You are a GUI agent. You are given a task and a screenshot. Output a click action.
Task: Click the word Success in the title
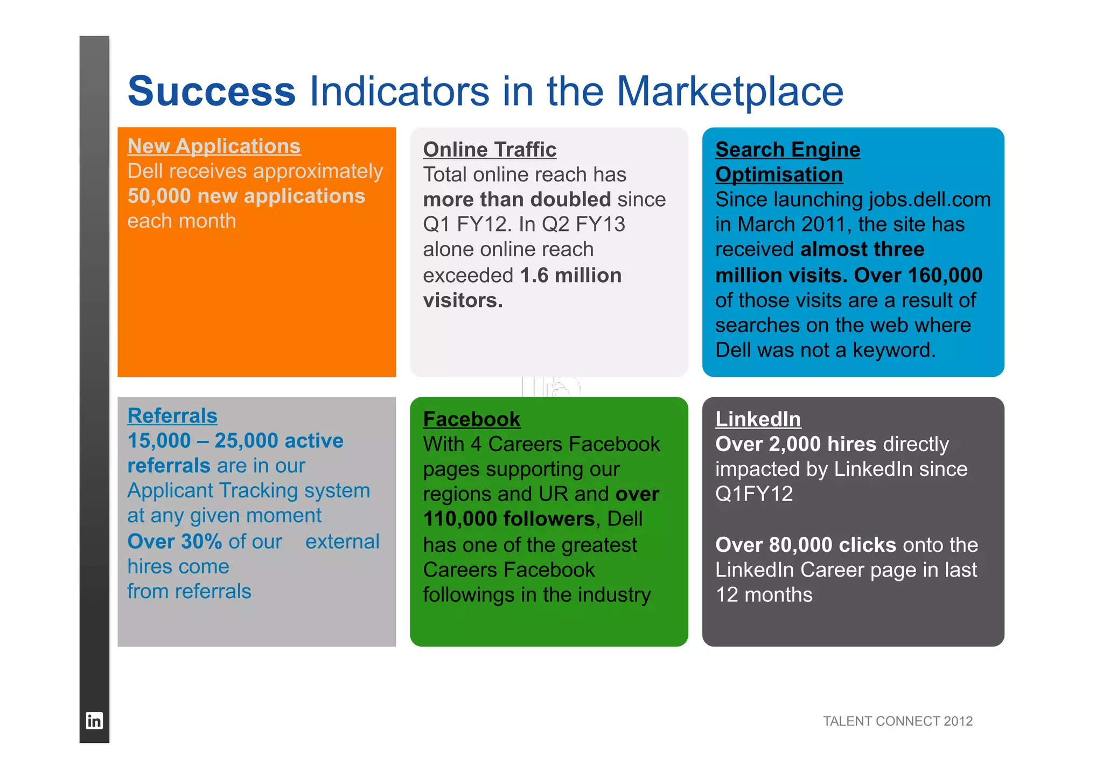212,92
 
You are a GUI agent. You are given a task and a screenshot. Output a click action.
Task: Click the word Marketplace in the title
729,92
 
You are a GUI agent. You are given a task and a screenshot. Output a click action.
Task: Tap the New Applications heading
214,146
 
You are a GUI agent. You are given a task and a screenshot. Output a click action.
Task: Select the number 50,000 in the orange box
159,196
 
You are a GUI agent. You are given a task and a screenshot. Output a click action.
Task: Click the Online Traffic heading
489,150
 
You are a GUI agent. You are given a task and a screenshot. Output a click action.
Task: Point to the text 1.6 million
570,276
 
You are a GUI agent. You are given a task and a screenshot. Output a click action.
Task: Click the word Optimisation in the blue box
778,174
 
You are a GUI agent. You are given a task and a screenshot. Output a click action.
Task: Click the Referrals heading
172,416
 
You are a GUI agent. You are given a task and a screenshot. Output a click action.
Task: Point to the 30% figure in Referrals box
201,542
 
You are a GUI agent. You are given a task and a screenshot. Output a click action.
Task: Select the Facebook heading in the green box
471,419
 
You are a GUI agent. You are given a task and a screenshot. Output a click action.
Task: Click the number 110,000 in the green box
459,519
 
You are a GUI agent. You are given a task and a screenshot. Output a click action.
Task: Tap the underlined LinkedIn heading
757,419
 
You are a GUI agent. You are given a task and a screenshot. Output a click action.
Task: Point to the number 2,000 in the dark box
794,445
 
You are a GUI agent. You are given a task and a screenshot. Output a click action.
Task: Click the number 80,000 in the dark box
800,545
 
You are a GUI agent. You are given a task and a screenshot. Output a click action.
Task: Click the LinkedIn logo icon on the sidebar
94,720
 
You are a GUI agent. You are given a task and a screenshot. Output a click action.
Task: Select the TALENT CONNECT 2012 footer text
897,721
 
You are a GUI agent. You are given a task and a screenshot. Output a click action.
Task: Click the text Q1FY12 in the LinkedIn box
753,494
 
